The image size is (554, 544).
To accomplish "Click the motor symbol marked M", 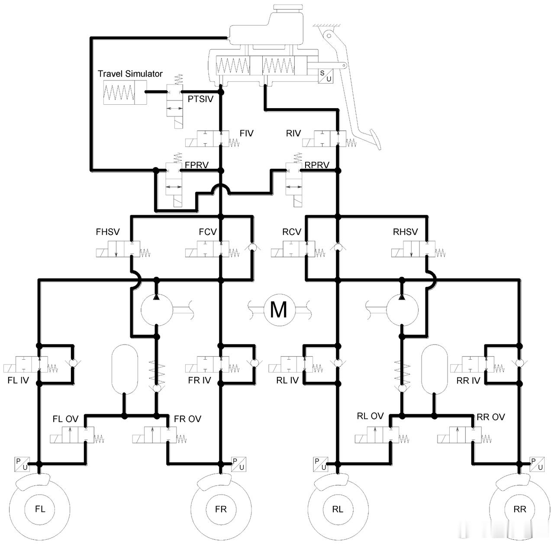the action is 279,310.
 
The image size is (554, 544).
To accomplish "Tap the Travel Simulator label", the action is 130,74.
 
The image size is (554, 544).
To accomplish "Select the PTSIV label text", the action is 200,99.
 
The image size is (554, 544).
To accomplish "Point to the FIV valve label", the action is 246,133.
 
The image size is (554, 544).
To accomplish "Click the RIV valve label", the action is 293,133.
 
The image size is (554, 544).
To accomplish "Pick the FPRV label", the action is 196,165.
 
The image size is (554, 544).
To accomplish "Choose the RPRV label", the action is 317,165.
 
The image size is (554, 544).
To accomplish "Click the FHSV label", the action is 108,232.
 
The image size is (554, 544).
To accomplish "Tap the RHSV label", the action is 405,232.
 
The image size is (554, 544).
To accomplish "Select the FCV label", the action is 208,232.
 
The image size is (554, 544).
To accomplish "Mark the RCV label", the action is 292,232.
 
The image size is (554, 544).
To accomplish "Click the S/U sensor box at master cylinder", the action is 326,76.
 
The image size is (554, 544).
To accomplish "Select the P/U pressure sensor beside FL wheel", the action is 22,464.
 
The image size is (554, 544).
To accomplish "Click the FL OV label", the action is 65,419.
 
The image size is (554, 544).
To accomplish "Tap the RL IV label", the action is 287,380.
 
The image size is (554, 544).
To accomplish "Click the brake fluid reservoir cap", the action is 288,8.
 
